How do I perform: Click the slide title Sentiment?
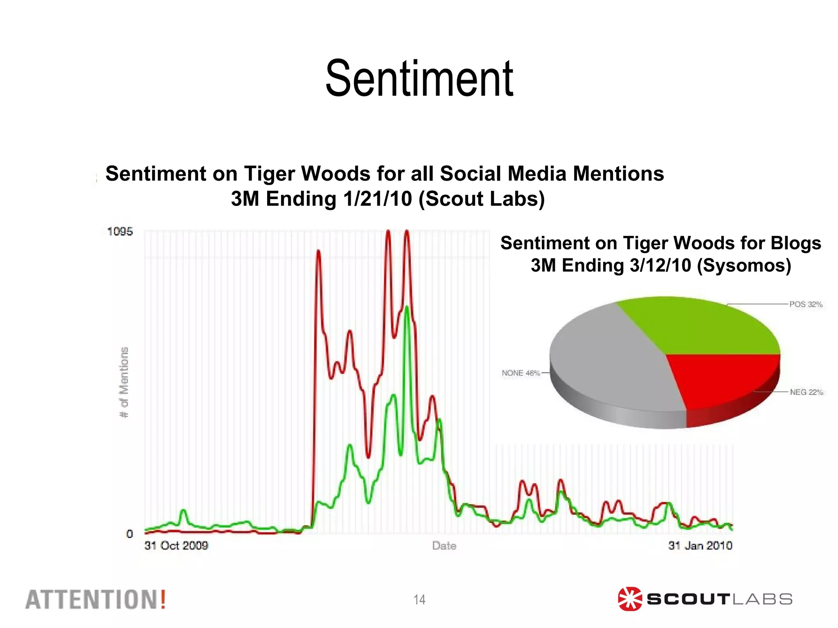point(419,78)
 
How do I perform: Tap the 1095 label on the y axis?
point(120,232)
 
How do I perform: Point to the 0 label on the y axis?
point(130,534)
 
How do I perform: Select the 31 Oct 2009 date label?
point(176,545)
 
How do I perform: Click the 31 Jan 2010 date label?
point(700,545)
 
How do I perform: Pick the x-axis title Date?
point(444,546)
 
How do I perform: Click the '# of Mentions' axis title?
point(124,382)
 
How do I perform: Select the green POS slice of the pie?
point(700,327)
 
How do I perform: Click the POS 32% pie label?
point(806,304)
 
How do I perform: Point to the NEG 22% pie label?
point(806,392)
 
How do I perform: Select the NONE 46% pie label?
point(521,373)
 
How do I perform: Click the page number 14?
point(419,599)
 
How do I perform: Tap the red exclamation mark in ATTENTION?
point(163,599)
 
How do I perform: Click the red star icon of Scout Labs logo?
point(630,599)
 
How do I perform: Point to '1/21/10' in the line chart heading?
point(377,199)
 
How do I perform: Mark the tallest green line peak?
point(406,307)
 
